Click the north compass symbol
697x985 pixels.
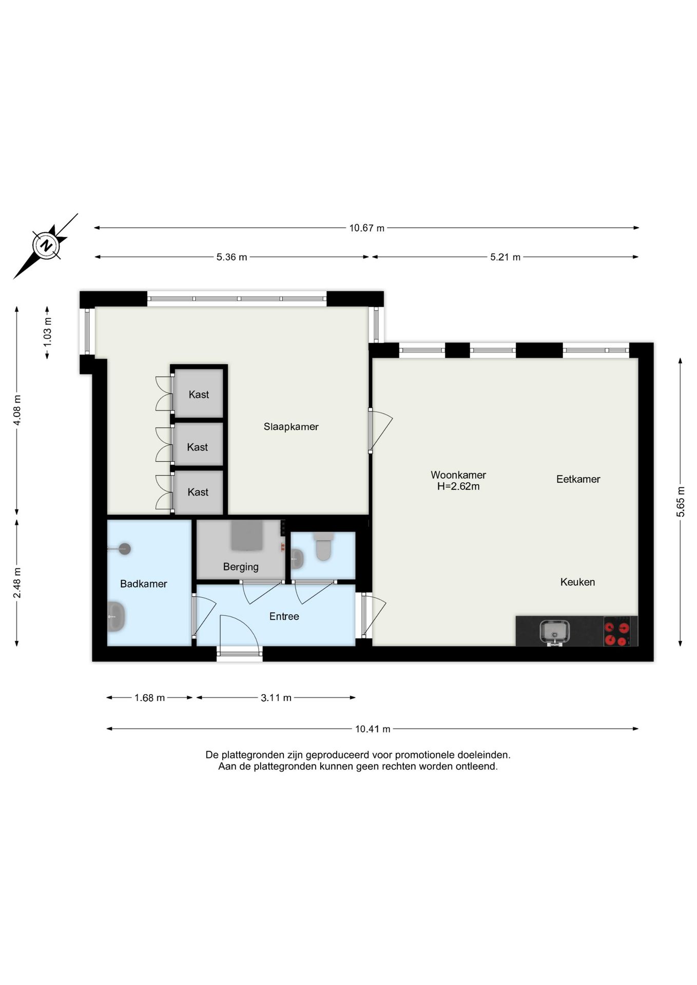coord(46,245)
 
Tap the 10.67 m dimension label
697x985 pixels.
coord(367,228)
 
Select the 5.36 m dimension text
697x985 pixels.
coord(231,257)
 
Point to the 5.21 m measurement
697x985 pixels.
coord(505,257)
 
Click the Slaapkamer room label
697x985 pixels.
coord(291,427)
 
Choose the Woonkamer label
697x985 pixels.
coord(458,475)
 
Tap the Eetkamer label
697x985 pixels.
coord(578,479)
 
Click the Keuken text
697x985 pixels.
coord(577,582)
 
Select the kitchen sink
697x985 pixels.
coord(554,632)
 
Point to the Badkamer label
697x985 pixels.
coord(144,584)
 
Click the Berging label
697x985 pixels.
coord(241,567)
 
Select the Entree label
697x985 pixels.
coord(284,617)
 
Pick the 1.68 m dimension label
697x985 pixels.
coord(150,698)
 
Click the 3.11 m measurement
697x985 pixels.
coord(276,698)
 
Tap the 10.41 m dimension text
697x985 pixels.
coord(373,729)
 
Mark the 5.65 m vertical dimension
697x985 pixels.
coord(681,501)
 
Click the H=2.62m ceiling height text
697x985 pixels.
coord(458,486)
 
